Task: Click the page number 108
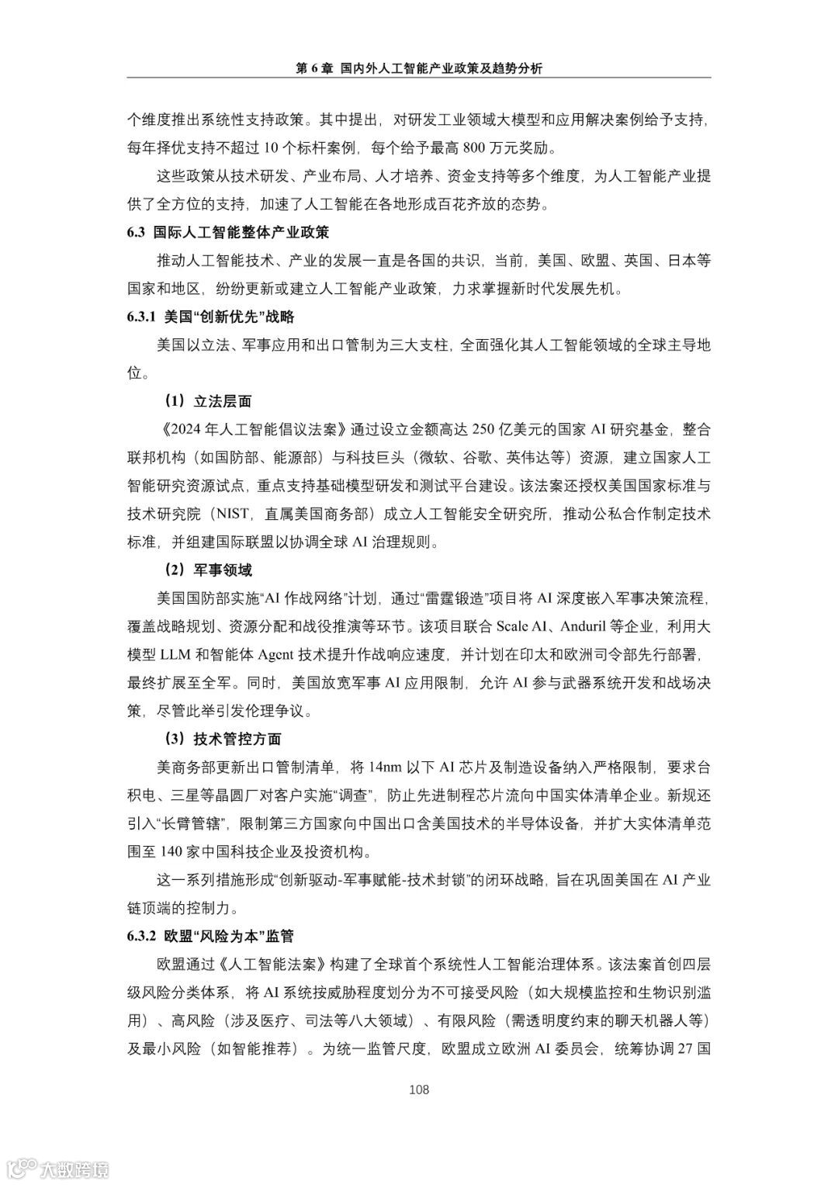[x=419, y=1090]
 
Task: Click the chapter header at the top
[x=419, y=68]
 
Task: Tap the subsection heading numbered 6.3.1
[x=210, y=317]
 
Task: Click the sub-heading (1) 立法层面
[x=206, y=401]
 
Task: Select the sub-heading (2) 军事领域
[x=206, y=570]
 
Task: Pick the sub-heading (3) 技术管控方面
[x=221, y=739]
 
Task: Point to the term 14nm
[x=385, y=767]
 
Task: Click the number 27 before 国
[x=684, y=1048]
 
